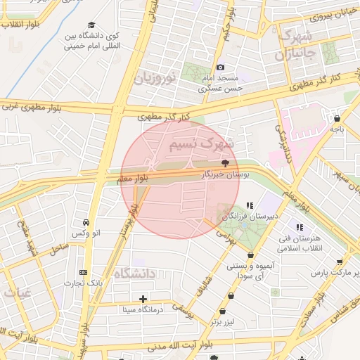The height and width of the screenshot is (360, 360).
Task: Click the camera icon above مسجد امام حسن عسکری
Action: (221, 66)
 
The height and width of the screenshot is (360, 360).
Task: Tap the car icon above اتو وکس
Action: (86, 221)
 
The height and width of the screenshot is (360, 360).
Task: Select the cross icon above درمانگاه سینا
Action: (143, 299)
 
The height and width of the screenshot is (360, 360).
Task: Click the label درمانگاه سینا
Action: (143, 309)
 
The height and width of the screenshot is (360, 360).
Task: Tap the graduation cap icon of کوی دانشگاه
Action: (93, 25)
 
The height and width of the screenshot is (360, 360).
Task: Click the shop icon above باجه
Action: (337, 119)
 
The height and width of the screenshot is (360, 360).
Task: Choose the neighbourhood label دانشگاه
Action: (134, 274)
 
